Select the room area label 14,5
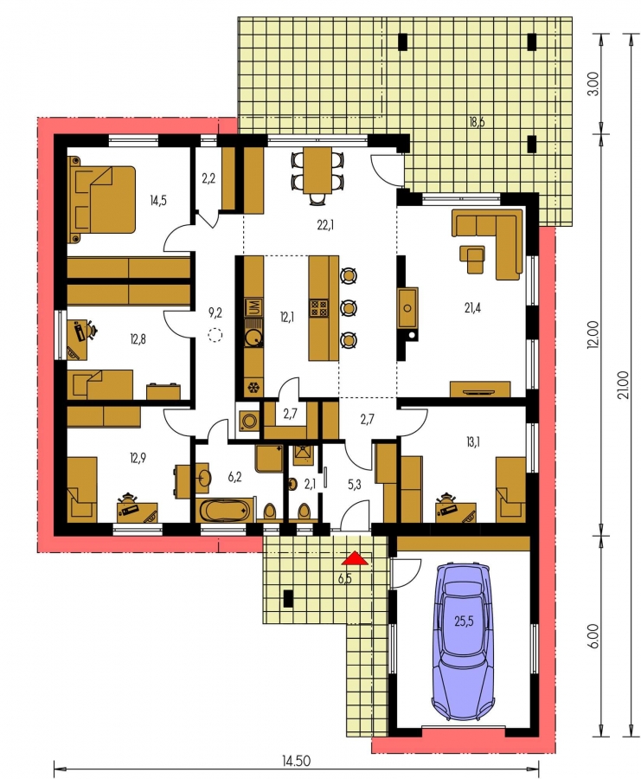point(158,200)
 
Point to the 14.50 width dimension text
point(296,760)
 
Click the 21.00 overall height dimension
point(625,384)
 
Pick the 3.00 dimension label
point(596,85)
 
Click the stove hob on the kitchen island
point(317,308)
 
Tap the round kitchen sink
point(254,337)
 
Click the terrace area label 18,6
point(476,122)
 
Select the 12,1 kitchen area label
point(286,317)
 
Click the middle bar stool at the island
point(349,308)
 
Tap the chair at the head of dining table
point(317,199)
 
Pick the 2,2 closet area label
point(208,178)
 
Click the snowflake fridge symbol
point(253,388)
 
